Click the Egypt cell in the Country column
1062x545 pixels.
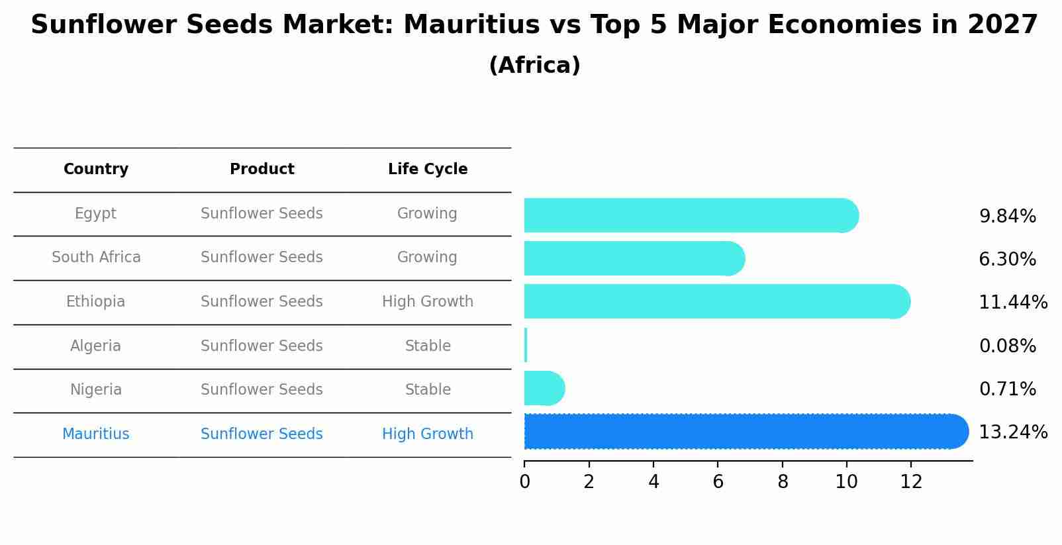95,214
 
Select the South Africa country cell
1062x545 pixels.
96,258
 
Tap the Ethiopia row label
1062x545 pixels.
95,302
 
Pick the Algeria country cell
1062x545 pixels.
95,346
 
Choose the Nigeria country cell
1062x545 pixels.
96,390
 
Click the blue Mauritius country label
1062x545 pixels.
96,434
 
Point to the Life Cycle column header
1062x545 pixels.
428,170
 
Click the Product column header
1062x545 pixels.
262,170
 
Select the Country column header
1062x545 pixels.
96,170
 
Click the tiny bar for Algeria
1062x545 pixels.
526,345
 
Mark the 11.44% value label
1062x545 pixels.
1013,303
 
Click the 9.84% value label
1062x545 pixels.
1007,217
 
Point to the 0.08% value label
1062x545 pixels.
1007,346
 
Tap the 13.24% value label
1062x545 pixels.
1013,432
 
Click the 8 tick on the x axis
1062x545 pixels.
783,482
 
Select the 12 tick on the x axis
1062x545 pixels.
911,482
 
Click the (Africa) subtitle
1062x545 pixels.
534,66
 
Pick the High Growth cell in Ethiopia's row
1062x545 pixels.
428,302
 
